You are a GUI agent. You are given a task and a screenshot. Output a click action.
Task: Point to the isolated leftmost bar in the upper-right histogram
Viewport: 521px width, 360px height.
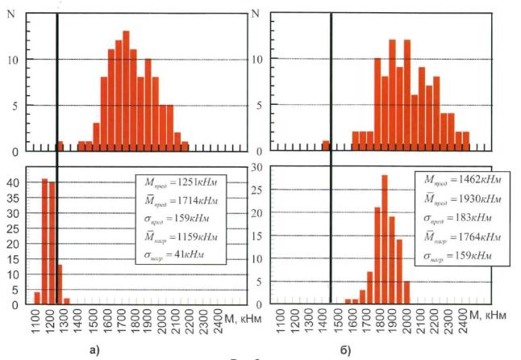(x=326, y=145)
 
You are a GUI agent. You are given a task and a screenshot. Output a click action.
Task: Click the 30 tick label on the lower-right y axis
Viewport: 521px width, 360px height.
(x=256, y=167)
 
